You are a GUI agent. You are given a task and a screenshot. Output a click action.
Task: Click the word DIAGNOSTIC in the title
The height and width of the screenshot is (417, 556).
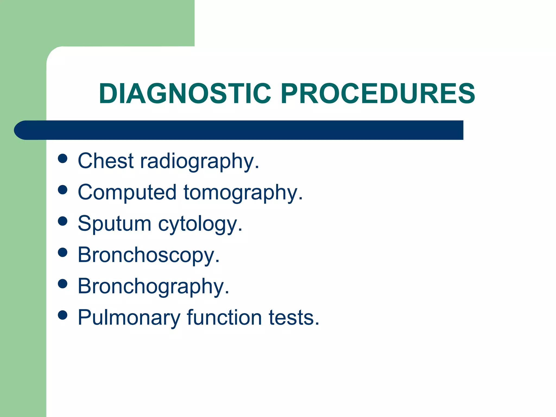(x=185, y=94)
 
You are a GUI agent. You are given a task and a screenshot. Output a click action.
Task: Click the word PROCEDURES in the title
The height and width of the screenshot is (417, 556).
(x=378, y=94)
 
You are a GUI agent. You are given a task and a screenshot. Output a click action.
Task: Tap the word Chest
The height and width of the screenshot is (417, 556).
(x=106, y=161)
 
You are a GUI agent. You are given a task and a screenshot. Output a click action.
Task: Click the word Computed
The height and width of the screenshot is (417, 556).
(x=127, y=192)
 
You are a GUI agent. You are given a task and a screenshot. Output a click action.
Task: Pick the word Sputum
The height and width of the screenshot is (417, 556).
(x=114, y=224)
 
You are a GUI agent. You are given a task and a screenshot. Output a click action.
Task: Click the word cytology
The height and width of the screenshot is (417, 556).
(x=200, y=225)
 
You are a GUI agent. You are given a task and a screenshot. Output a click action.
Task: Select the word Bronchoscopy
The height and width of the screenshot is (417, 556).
(x=149, y=255)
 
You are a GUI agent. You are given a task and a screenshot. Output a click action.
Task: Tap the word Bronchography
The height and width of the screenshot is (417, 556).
(x=153, y=286)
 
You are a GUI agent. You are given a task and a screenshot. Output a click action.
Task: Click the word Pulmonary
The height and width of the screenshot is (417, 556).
(x=129, y=318)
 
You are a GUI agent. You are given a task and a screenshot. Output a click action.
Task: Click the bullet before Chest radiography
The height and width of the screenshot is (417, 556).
(x=63, y=159)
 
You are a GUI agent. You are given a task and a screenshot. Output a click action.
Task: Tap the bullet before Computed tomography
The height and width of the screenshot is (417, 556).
(x=63, y=190)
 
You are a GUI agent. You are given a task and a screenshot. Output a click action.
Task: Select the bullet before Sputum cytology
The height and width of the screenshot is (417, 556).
(x=63, y=221)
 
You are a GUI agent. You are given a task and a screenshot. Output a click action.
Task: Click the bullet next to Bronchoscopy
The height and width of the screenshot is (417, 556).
(x=63, y=252)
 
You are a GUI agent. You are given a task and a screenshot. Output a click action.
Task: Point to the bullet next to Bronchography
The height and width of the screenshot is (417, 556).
(x=63, y=284)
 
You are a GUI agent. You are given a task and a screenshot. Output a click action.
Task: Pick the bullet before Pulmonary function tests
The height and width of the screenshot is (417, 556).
(x=63, y=315)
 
